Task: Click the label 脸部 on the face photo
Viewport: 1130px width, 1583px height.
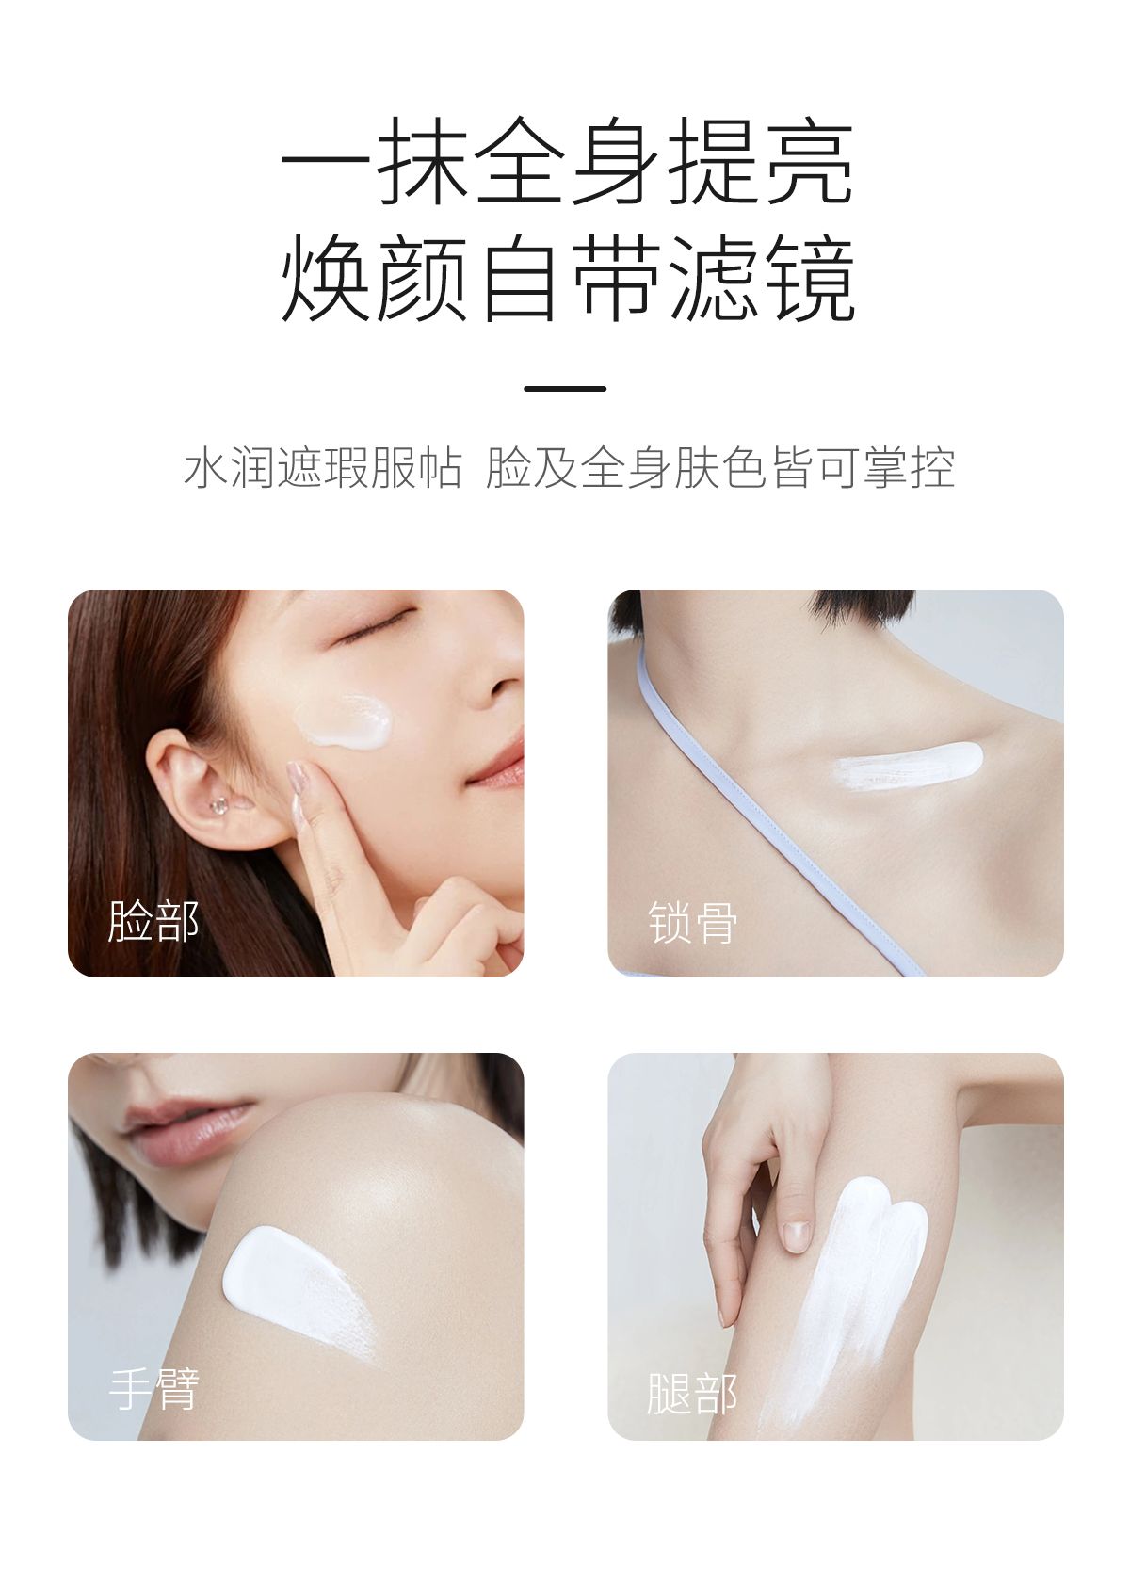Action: click(153, 921)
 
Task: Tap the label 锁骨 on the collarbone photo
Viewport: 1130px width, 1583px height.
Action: click(692, 922)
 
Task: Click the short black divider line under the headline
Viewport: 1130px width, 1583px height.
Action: click(565, 388)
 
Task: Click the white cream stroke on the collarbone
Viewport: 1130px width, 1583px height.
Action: click(908, 766)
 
